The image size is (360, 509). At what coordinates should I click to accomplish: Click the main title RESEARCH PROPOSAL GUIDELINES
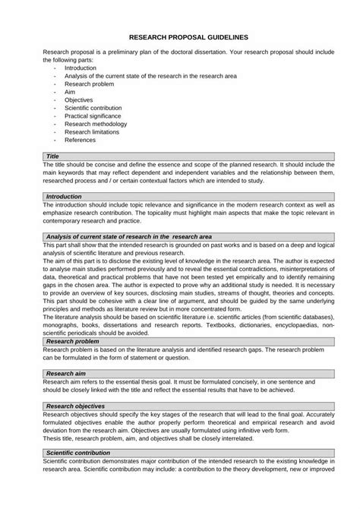click(x=188, y=36)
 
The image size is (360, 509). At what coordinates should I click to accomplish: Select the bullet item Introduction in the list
click(x=81, y=68)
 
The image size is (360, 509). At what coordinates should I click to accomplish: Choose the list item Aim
click(x=70, y=92)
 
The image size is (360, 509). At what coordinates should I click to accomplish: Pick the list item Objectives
click(x=79, y=100)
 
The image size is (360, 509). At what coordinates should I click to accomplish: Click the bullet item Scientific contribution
click(x=93, y=108)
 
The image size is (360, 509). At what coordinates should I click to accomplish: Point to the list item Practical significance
click(x=93, y=115)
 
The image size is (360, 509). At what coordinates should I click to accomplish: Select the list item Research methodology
click(x=96, y=124)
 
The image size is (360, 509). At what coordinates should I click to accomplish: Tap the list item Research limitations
click(x=92, y=132)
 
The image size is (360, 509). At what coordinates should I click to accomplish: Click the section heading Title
click(x=52, y=156)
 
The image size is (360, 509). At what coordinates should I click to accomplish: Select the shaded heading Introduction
click(x=64, y=196)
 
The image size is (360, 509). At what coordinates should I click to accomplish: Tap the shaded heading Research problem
click(x=72, y=342)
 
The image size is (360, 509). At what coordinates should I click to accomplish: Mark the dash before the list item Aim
click(x=55, y=92)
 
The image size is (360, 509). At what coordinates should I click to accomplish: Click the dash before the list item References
click(x=55, y=140)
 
